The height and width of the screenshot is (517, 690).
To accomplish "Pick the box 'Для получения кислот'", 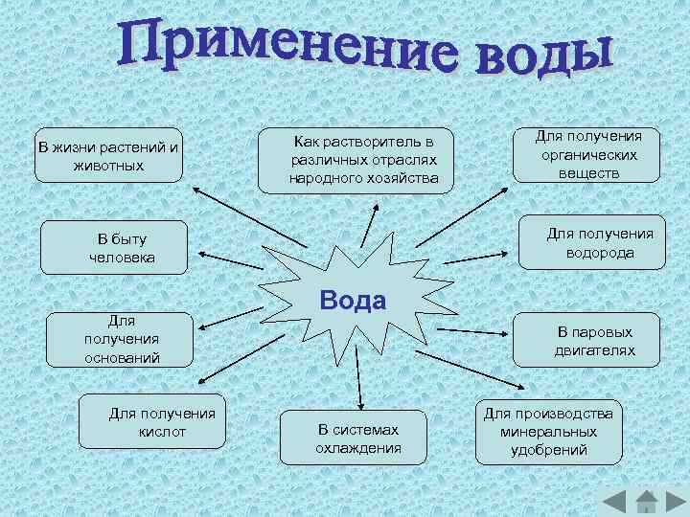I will coord(152,421).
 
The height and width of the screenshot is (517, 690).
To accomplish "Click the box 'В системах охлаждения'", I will coord(358,438).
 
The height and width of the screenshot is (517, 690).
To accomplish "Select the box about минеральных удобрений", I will coord(548,431).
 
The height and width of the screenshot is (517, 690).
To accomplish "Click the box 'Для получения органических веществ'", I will coord(587,154).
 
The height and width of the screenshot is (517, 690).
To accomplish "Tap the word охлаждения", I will coord(358,448).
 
